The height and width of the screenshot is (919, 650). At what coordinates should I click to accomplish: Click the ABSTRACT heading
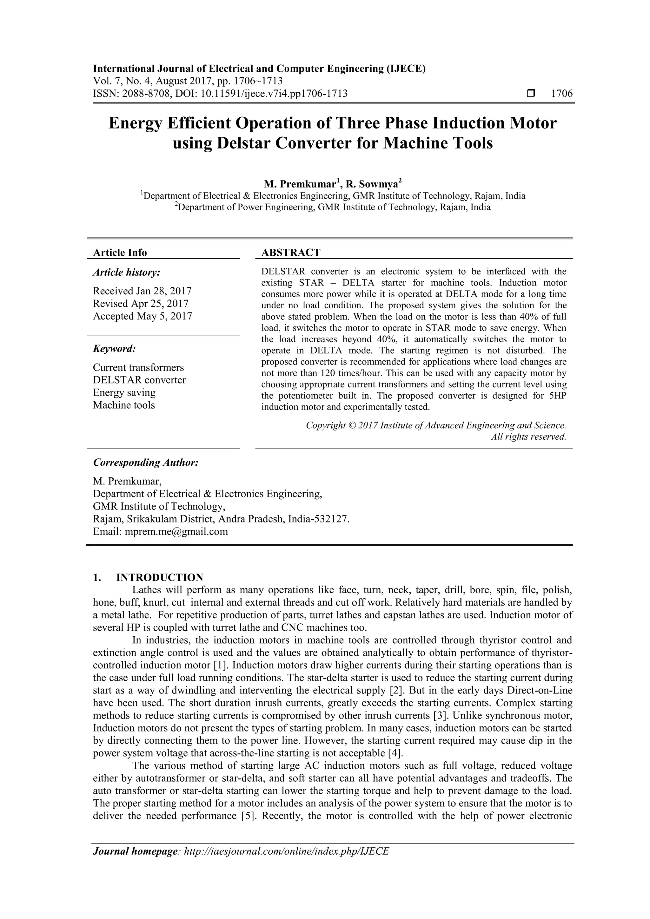[x=291, y=253]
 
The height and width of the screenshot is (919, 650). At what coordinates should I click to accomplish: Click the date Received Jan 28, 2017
[x=142, y=291]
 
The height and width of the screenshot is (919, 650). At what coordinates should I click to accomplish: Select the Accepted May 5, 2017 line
[x=142, y=316]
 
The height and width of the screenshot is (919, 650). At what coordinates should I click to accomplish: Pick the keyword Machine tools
[x=124, y=405]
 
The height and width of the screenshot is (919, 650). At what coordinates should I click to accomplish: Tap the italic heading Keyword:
[x=115, y=349]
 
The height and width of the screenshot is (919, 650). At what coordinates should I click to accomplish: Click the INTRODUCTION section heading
[x=159, y=578]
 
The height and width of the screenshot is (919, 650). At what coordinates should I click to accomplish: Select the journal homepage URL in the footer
[x=286, y=862]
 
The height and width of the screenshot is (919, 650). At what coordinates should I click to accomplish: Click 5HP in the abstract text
[x=556, y=396]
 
